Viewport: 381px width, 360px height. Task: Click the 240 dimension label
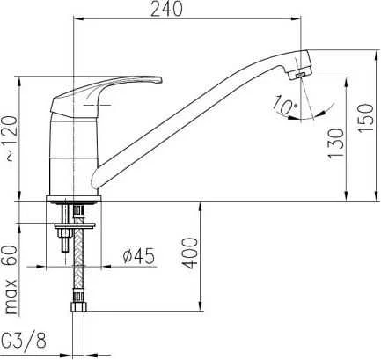click(x=166, y=9)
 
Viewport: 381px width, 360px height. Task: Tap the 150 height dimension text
click(x=366, y=118)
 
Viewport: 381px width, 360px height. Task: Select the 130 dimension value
click(x=335, y=143)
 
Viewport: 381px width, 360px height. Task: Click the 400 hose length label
click(x=190, y=253)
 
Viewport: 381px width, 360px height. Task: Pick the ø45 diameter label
click(x=139, y=256)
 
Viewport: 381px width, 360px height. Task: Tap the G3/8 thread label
click(x=24, y=341)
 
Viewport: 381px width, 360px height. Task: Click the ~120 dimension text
click(x=11, y=138)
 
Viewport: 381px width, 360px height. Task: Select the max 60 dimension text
click(x=11, y=280)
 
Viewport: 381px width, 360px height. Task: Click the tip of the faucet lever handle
click(x=160, y=80)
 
